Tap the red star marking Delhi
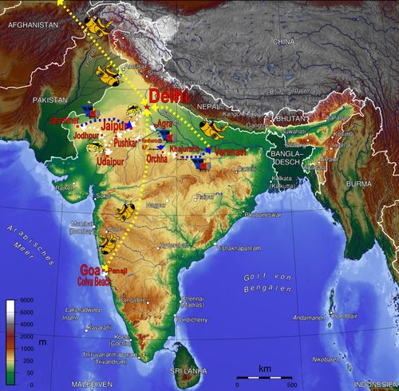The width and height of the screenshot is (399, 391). (146, 107)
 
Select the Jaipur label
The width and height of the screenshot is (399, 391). (116, 125)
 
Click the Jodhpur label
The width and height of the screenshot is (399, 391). (89, 136)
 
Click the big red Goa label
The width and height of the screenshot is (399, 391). (91, 268)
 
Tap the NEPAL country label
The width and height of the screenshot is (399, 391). (209, 106)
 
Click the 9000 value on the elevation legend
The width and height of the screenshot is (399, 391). (26, 302)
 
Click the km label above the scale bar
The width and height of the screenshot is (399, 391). (264, 368)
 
